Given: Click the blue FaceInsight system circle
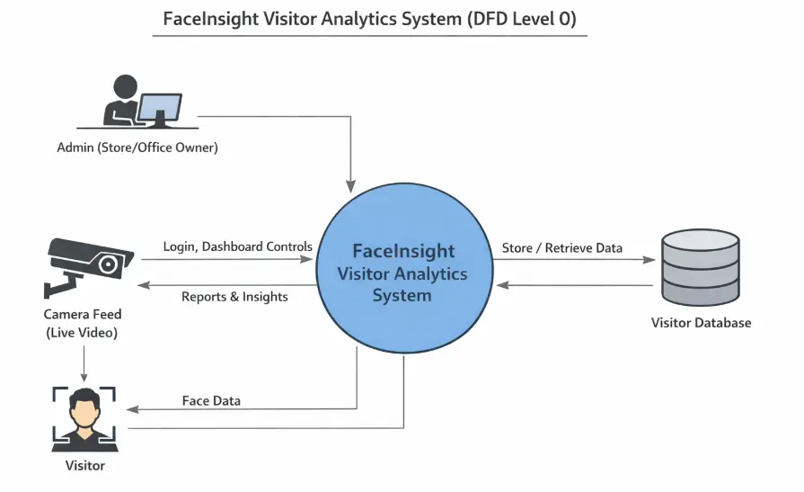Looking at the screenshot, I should (x=402, y=270).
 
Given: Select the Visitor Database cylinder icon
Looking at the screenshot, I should (x=699, y=267).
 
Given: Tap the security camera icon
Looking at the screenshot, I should (x=86, y=264).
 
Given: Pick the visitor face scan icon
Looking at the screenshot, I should (x=84, y=418).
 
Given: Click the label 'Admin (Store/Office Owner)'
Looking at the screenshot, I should (x=137, y=148).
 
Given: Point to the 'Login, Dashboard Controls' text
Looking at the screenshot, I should (x=238, y=246).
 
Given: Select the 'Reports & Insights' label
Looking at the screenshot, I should (x=234, y=297).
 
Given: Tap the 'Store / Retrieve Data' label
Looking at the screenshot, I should (x=561, y=248).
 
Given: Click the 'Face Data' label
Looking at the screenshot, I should (x=211, y=400).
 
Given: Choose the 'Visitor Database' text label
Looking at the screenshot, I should (x=701, y=322).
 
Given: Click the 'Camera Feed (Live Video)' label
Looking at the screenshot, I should (x=82, y=324).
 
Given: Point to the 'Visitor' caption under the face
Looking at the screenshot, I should (x=84, y=465).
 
